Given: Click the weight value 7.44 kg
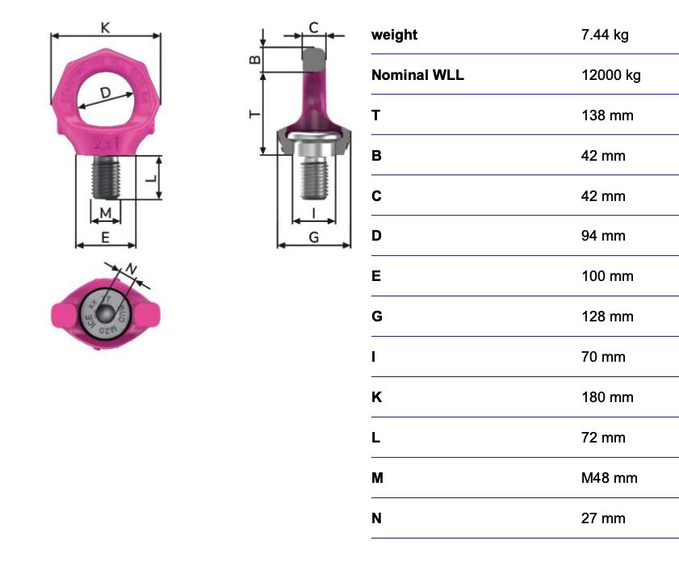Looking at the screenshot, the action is coord(605,35).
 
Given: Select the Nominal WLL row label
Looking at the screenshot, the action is coord(417,75).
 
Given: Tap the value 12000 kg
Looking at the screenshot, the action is coord(610,75).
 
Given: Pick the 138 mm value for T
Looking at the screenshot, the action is coord(607,115).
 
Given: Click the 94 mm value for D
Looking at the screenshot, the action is coord(603,236).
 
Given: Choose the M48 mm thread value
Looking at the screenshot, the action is coord(609,478).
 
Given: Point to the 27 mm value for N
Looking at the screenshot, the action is coord(603,518).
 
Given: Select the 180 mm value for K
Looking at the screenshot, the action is coord(607,397).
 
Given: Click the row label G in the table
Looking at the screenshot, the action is coord(377,317).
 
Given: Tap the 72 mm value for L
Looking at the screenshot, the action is coord(603,438).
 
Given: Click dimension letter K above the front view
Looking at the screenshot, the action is coord(105,27).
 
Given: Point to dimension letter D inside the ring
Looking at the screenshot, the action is coord(105,92).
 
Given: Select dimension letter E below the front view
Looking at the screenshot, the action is coord(105,237).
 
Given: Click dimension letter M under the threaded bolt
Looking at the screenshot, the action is coord(105,213).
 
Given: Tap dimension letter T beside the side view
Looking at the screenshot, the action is coord(255,114).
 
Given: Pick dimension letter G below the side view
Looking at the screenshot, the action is coord(313,237).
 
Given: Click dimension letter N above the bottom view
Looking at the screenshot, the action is coord(132,269).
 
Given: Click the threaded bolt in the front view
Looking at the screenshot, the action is coord(106,177).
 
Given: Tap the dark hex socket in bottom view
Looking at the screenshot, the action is coord(105,313).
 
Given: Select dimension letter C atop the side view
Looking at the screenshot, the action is coord(313,27).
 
